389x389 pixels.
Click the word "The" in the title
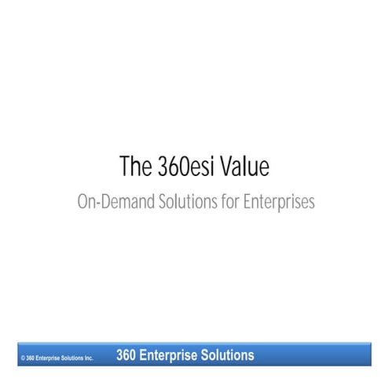click(134, 167)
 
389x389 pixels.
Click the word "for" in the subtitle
click(228, 202)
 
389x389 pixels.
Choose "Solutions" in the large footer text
click(228, 355)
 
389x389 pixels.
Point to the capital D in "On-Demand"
click(103, 202)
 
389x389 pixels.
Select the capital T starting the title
click(124, 167)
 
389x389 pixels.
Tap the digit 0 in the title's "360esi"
click(181, 167)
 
